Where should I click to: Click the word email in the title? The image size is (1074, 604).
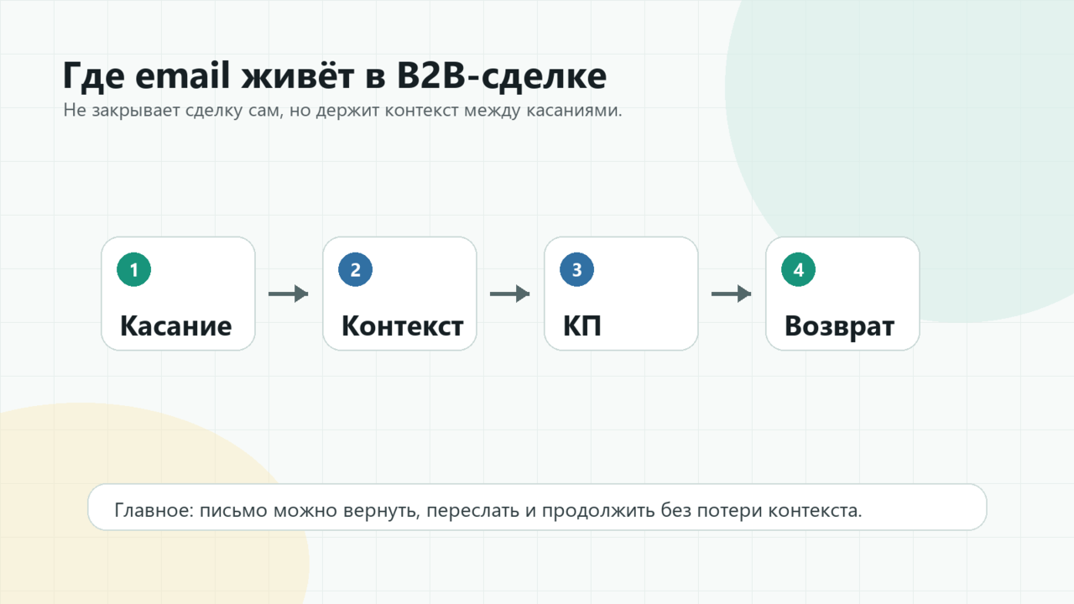[x=182, y=75]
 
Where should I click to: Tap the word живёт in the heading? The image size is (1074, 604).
[x=297, y=75]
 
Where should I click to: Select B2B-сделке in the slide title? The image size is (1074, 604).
[x=502, y=76]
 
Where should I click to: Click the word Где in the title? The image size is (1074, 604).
[x=93, y=76]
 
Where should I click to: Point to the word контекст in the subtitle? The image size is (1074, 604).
[x=421, y=110]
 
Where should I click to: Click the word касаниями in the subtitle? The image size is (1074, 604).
[x=574, y=110]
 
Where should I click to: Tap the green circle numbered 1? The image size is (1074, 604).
[x=133, y=269]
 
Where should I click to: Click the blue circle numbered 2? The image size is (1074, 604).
[x=355, y=269]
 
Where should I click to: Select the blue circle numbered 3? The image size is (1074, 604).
[x=576, y=269]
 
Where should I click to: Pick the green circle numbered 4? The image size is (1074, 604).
[x=798, y=269]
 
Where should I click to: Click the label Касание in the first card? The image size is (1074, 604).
[x=176, y=326]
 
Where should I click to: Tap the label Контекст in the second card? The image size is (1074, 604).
[x=402, y=326]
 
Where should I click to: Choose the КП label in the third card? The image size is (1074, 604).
[x=582, y=326]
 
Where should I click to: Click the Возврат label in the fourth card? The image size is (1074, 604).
[x=840, y=327]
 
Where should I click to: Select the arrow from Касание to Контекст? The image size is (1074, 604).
[x=288, y=294]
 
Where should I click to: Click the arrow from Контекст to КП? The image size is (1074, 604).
[x=509, y=294]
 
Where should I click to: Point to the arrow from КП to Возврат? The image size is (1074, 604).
[x=731, y=294]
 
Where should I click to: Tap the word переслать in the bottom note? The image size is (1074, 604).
[x=472, y=511]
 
